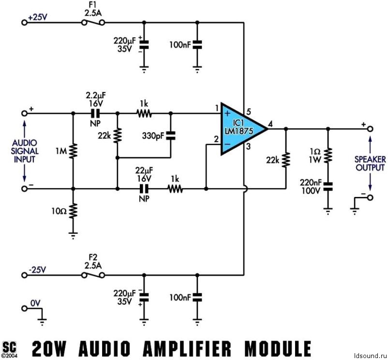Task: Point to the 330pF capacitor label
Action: [153, 135]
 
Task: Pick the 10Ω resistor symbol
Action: [73, 211]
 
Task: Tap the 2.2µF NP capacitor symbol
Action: [95, 113]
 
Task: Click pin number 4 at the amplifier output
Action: [271, 123]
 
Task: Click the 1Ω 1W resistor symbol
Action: [328, 155]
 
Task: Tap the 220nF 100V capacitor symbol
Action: [328, 186]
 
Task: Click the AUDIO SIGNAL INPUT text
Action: [25, 151]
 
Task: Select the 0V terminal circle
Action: [24, 308]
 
